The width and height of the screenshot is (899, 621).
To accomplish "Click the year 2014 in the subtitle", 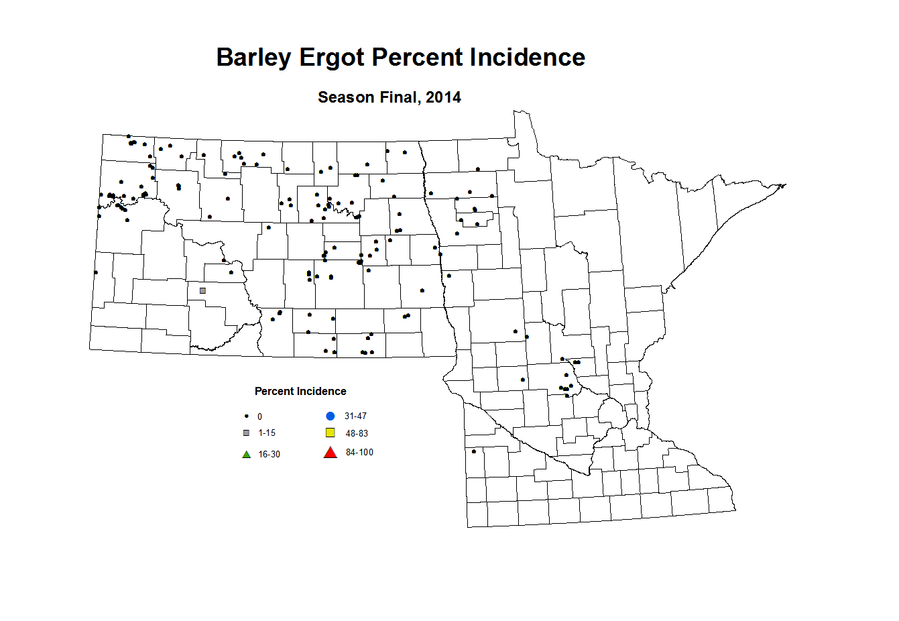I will pos(443,98).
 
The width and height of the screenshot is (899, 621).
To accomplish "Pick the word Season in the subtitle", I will pos(346,98).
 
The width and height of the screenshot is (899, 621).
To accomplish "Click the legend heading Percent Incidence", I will pos(300,392).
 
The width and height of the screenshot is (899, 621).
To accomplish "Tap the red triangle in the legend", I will pos(330,453).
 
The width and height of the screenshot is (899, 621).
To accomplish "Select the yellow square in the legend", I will pos(330,433).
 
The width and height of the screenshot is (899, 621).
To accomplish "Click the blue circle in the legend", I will pos(330,416).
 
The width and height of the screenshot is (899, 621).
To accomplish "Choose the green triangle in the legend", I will pos(246,455).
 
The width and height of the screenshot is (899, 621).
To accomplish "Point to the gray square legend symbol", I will pos(246,433).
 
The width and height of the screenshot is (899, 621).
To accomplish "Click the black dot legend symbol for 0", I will pos(246,416).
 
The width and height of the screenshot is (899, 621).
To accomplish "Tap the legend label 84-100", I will pos(359,453).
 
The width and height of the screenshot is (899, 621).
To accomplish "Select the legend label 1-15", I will pos(267,433).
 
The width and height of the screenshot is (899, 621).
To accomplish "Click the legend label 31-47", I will pos(355,416).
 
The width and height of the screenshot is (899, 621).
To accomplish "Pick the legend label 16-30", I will pos(269,455).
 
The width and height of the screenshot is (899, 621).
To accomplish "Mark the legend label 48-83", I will pos(357,434).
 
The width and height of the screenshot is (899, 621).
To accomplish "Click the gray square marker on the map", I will pos(202,290).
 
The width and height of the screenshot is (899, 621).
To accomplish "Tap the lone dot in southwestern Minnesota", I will pos(474,451).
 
